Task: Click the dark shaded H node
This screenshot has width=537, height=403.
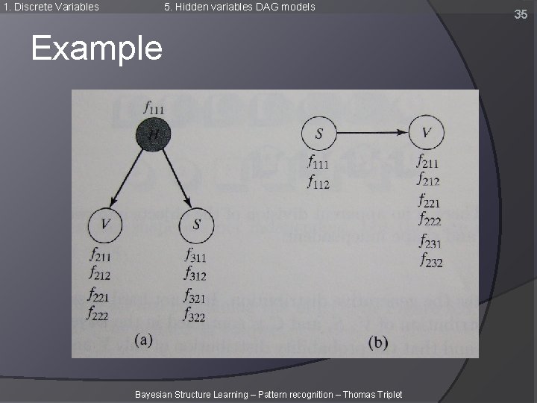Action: pyautogui.click(x=153, y=134)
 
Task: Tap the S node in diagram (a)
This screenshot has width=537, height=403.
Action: pyautogui.click(x=197, y=225)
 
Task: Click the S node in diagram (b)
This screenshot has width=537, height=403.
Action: pyautogui.click(x=318, y=134)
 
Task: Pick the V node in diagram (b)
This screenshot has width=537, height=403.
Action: pyautogui.click(x=427, y=134)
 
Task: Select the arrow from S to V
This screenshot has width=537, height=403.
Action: pyautogui.click(x=373, y=134)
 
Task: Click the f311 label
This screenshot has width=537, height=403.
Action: pyautogui.click(x=195, y=257)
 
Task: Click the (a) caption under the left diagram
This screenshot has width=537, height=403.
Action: pyautogui.click(x=143, y=340)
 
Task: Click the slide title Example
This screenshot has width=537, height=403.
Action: pyautogui.click(x=96, y=49)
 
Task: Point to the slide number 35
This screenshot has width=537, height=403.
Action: pyautogui.click(x=520, y=13)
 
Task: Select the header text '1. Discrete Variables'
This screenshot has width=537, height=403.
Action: pyautogui.click(x=51, y=7)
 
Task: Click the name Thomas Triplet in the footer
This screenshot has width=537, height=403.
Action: pyautogui.click(x=372, y=394)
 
